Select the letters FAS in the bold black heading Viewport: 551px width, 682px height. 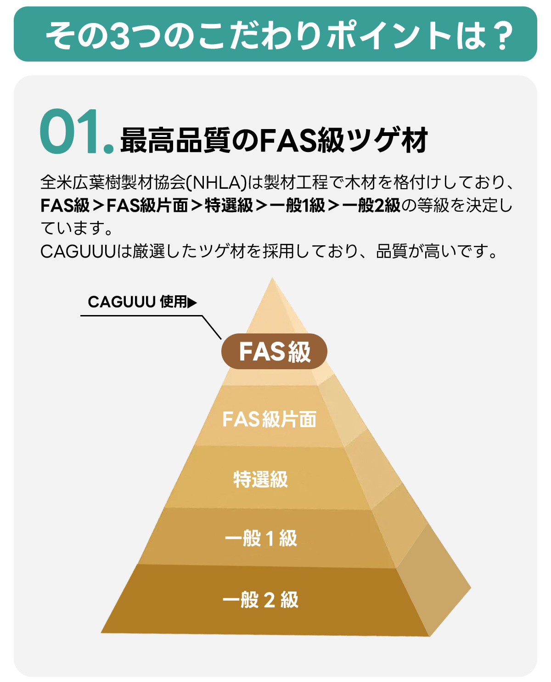(288, 140)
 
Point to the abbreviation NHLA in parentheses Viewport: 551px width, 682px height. (217, 182)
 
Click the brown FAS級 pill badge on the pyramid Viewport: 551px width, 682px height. (274, 351)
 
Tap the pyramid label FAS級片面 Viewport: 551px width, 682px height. (269, 419)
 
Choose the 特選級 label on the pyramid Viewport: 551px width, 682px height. (261, 479)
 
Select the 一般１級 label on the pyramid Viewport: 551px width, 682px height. (261, 538)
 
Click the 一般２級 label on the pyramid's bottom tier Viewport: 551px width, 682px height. (261, 600)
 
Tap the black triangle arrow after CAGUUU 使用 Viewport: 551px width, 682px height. (192, 303)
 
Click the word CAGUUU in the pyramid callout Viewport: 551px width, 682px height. (122, 302)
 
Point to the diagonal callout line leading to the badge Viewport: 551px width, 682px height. (212, 327)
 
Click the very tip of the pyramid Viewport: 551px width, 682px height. (272, 277)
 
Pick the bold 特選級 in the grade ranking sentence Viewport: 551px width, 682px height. (229, 205)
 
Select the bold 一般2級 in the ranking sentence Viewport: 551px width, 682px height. (371, 205)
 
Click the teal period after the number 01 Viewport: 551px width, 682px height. (109, 149)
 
